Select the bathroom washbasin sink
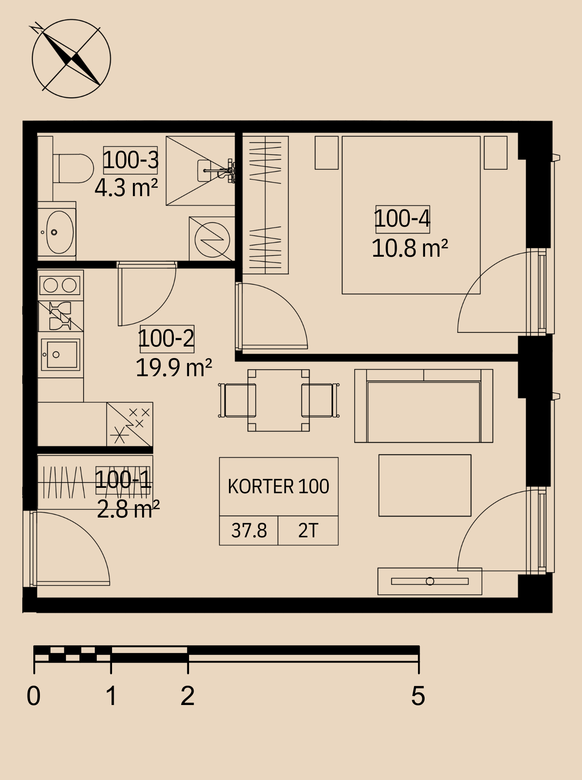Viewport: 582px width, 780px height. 57,232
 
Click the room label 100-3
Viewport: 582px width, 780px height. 131,160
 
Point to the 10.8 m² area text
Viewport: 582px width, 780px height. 409,248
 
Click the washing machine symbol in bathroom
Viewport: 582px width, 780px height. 212,239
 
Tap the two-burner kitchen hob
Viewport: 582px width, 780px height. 60,285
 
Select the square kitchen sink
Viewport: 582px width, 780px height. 61,354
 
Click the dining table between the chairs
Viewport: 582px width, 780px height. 278,400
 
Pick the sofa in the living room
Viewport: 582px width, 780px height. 423,406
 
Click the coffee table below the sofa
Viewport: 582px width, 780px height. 425,485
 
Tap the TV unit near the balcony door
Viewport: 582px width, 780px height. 430,581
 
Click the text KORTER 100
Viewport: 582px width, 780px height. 278,487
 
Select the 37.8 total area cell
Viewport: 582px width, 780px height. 249,531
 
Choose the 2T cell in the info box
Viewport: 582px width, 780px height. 308,531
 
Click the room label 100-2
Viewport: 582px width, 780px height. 166,339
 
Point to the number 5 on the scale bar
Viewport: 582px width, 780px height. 418,696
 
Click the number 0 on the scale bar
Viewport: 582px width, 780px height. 34,696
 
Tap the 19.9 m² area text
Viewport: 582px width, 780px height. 173,368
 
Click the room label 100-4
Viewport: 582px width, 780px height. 402,219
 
